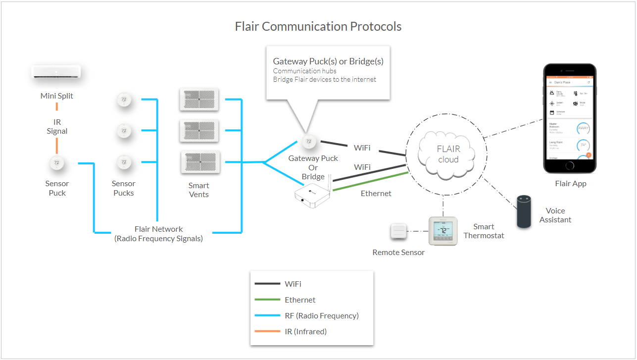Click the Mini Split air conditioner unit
[56, 72]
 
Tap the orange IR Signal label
[57, 127]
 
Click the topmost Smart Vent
[198, 99]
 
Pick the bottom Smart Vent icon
[198, 162]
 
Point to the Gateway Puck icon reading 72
[309, 141]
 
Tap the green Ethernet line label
[376, 194]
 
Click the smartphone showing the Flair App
[569, 118]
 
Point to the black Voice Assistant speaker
[524, 211]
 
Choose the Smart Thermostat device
[442, 231]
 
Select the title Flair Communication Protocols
[318, 26]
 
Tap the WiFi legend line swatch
[267, 284]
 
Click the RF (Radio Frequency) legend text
[322, 315]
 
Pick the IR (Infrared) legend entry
[305, 331]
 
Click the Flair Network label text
[158, 229]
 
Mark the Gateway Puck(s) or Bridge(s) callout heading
[328, 61]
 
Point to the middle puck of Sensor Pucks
[124, 131]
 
